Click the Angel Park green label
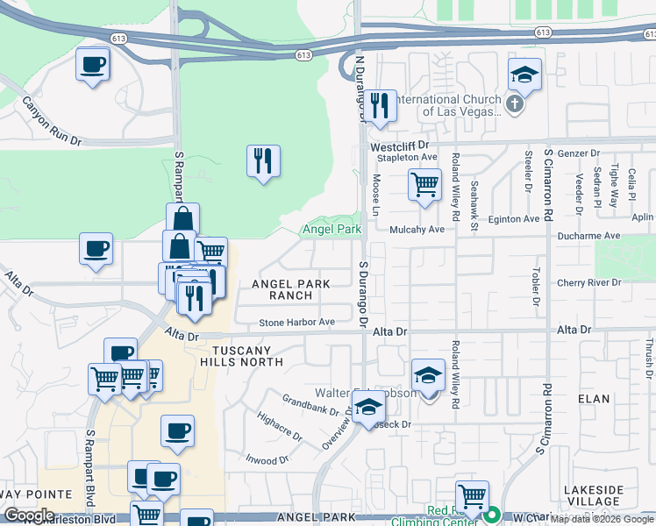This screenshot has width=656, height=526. tap(332, 230)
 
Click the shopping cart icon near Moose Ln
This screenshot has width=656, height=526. tap(424, 185)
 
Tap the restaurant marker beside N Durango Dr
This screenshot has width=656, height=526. tap(379, 106)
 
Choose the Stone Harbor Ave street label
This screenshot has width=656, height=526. tap(296, 323)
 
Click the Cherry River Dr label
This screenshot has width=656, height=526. tap(588, 282)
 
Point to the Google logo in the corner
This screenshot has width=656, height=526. tap(29, 515)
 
